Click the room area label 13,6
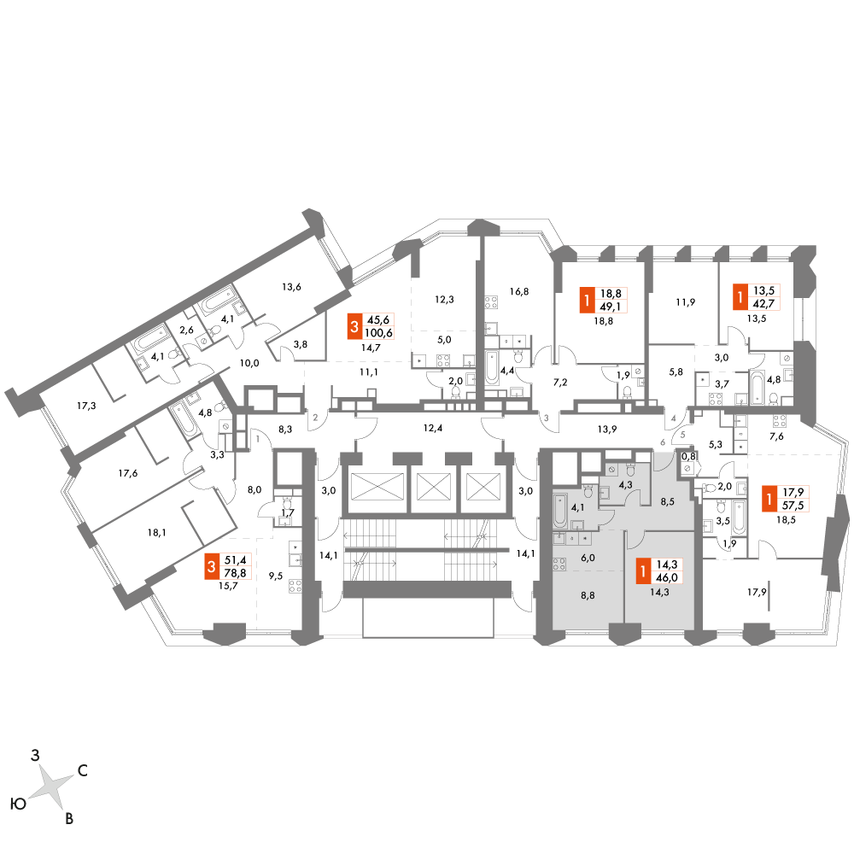coord(291,286)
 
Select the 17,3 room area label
coord(86,406)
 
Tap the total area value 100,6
coord(378,333)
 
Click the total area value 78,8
coord(235,572)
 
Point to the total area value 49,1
coord(610,307)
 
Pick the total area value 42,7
coord(763,304)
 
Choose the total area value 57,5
coord(793,506)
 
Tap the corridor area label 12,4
coord(432,428)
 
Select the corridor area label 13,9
coord(606,430)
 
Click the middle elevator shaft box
coord(434,487)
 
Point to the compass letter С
coord(83,770)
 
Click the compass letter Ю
coord(19,804)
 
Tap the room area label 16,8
coord(519,291)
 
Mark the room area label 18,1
coord(156,533)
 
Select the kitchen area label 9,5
coord(276,576)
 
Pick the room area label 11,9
coord(685,301)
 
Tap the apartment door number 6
coord(663,442)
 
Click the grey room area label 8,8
coord(588,595)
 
